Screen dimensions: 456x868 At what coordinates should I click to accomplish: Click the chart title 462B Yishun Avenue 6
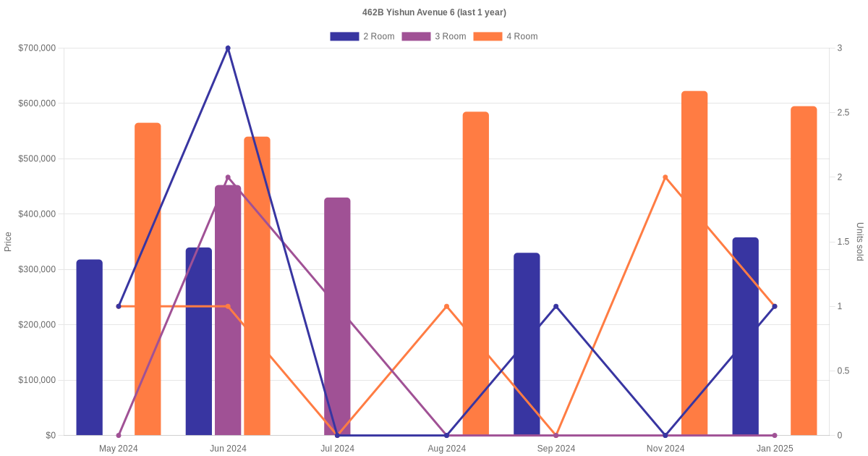[434, 12]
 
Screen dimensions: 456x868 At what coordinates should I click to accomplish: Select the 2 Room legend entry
[362, 36]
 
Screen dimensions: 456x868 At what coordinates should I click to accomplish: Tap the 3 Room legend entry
[433, 36]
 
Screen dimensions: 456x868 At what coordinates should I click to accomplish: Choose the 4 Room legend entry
[505, 36]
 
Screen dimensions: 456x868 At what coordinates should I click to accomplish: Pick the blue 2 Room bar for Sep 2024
[527, 344]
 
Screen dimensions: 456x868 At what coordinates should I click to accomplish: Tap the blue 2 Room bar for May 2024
[89, 347]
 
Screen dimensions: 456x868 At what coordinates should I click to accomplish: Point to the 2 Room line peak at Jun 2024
[228, 48]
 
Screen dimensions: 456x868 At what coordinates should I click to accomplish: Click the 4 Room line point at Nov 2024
[665, 177]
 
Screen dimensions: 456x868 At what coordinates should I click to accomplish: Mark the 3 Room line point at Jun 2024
[228, 177]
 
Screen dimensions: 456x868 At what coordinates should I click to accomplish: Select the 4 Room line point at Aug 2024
[446, 306]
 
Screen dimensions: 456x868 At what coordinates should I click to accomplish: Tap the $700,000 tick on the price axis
[36, 48]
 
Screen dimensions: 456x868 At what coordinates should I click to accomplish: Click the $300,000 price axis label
[36, 269]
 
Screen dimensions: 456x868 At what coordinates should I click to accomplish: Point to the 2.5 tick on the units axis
[844, 113]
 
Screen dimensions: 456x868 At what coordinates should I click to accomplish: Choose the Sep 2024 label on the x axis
[556, 449]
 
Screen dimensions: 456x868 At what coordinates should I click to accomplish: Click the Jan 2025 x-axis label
[775, 449]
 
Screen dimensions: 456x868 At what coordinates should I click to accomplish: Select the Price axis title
[8, 242]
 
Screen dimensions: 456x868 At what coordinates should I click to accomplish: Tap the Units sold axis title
[860, 242]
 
